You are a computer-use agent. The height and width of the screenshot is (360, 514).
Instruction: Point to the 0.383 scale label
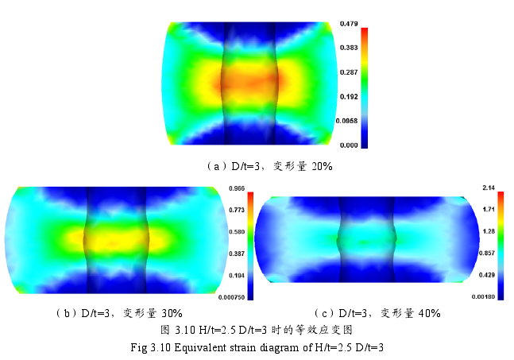pyautogui.click(x=350, y=48)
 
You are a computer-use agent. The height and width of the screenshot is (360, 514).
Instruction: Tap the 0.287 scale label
pyautogui.click(x=350, y=72)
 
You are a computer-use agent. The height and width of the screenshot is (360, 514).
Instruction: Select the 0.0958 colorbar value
pyautogui.click(x=349, y=122)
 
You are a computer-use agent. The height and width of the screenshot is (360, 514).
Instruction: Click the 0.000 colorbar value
pyautogui.click(x=350, y=146)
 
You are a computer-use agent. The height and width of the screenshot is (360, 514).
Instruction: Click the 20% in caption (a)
pyautogui.click(x=321, y=167)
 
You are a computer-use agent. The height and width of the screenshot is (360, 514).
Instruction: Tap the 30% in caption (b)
pyautogui.click(x=172, y=313)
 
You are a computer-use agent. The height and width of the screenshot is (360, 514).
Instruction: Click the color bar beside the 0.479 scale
pyautogui.click(x=365, y=87)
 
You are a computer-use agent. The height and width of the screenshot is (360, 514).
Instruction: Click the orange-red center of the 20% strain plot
pyautogui.click(x=249, y=79)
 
